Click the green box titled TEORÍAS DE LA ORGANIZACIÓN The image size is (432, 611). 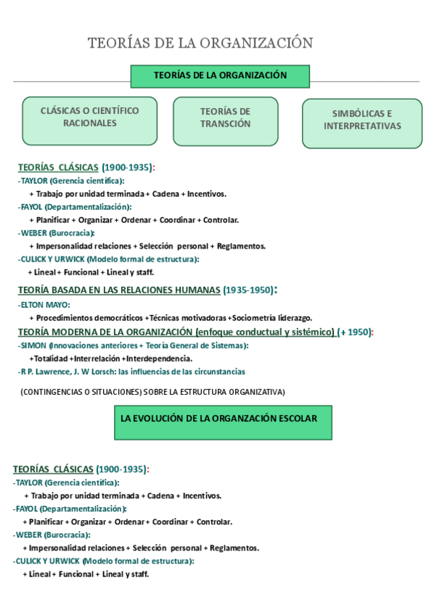pos(220,76)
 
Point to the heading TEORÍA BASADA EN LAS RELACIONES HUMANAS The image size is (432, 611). pos(119,290)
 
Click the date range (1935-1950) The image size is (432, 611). pos(249,290)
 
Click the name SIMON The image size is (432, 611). pos(33,346)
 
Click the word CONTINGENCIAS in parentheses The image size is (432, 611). pos(53,392)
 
